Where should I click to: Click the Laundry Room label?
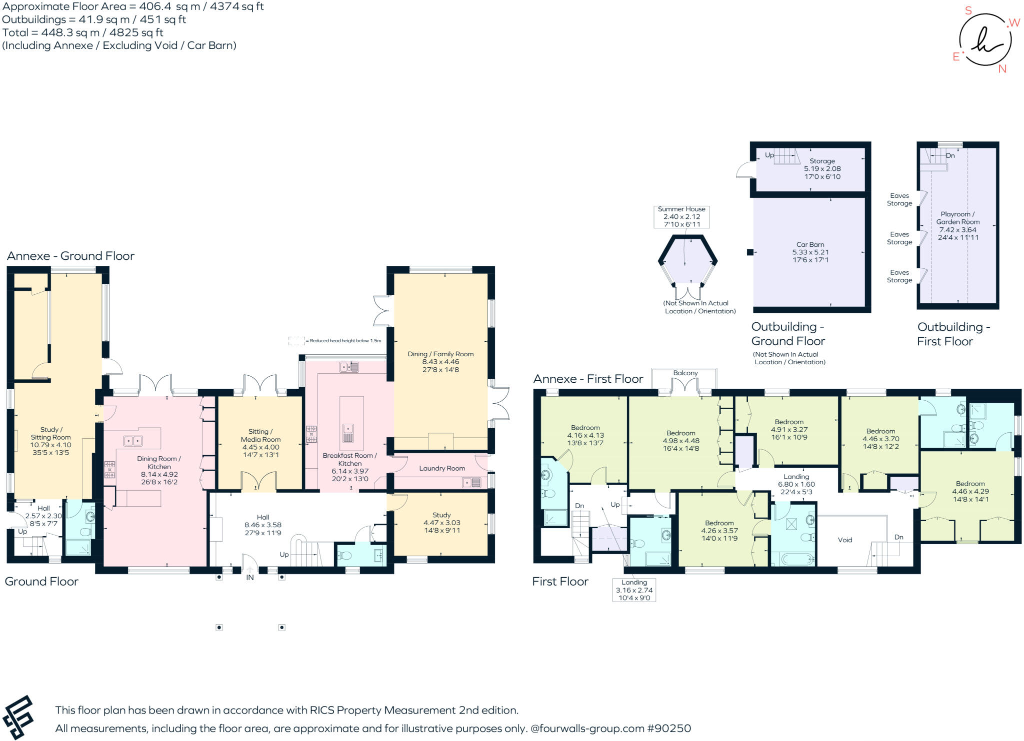click(442, 468)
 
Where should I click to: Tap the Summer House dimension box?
click(681, 217)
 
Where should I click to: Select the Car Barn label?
click(810, 252)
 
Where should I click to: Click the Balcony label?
click(685, 373)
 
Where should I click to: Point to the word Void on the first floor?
click(844, 540)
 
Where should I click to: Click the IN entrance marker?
click(249, 577)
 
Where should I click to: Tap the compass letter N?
click(1001, 69)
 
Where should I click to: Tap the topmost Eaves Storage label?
click(899, 199)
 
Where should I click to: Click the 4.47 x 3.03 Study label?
click(441, 522)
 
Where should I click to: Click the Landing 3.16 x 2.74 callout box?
click(634, 590)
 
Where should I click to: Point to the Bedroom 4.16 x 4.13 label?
click(585, 435)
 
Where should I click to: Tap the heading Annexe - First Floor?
click(588, 379)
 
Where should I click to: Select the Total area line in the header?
click(83, 32)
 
